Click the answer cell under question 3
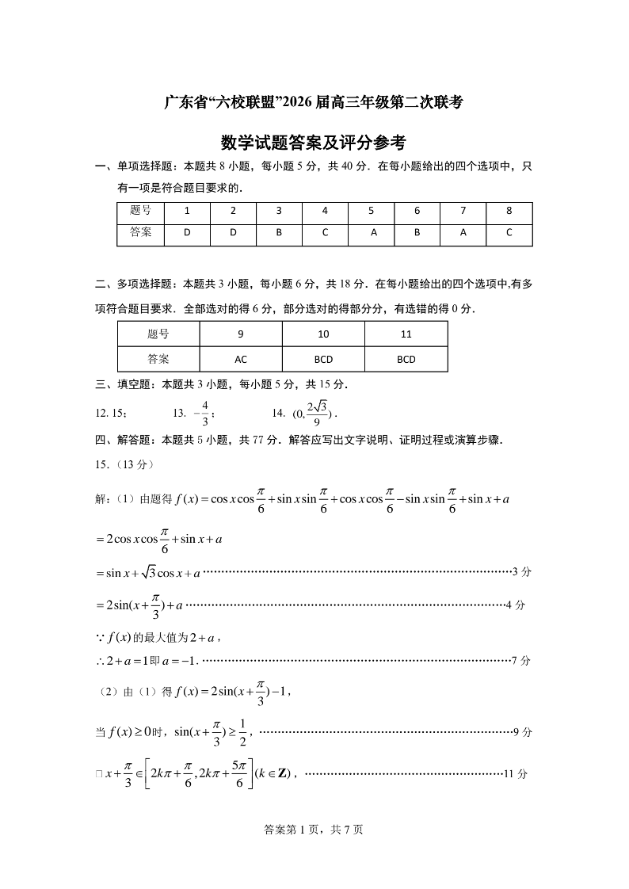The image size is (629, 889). point(279,233)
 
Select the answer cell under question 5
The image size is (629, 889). point(372,233)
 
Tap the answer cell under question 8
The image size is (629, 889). point(509,233)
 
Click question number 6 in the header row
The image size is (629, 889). point(417,212)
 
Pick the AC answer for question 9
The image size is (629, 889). point(241,359)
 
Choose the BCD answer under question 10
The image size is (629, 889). point(323,359)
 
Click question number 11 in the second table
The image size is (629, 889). point(406,334)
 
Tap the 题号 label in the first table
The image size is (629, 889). point(140,212)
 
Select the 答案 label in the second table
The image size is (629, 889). point(158,359)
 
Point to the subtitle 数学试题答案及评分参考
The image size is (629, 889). point(314,143)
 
